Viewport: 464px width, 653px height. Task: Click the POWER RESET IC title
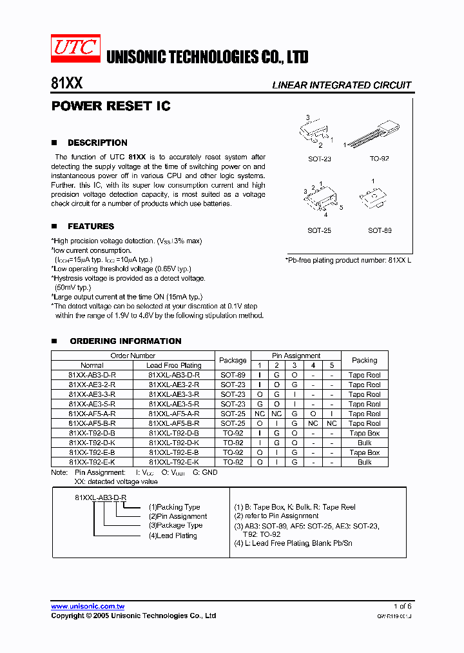click(x=110, y=106)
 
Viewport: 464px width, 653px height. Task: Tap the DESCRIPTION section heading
click(x=97, y=143)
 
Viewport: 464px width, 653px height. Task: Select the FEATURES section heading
click(x=91, y=226)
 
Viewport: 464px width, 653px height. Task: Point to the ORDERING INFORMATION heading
click(x=126, y=341)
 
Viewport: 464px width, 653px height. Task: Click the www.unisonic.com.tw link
click(x=88, y=607)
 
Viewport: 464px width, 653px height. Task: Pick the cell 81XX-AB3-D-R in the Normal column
click(x=92, y=375)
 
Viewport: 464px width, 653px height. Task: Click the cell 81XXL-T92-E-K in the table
click(x=174, y=462)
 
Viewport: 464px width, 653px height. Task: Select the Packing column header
click(x=365, y=360)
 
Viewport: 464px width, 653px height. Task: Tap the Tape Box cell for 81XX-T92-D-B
click(x=365, y=433)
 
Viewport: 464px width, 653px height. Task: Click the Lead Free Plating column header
click(x=174, y=365)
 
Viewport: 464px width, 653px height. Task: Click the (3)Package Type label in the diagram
click(x=175, y=525)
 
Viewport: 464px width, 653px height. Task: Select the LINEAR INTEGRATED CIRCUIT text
click(x=342, y=85)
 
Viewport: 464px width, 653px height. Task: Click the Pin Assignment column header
click(x=296, y=356)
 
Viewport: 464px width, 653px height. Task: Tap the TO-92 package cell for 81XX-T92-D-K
click(x=233, y=443)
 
